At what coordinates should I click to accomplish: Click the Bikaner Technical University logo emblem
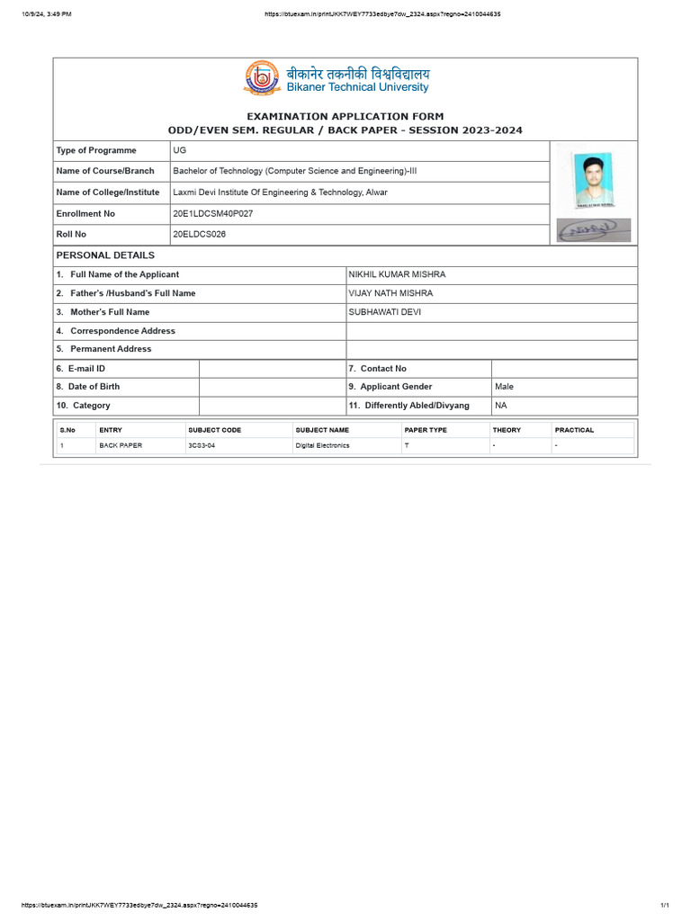(x=262, y=78)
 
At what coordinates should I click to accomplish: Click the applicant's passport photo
(x=593, y=179)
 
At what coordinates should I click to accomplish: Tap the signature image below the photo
(x=593, y=230)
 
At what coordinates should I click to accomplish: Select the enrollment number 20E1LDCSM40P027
(x=212, y=214)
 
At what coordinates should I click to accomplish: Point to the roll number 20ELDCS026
(x=200, y=234)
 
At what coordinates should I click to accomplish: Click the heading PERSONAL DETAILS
(x=105, y=255)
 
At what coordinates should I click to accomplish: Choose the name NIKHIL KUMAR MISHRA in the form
(x=397, y=274)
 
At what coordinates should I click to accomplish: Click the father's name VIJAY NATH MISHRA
(x=390, y=293)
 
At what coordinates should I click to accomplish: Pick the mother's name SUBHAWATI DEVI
(x=384, y=312)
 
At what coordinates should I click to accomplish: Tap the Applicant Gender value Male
(x=504, y=387)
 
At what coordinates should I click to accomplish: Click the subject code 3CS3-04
(x=202, y=445)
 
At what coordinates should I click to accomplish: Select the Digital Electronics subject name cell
(x=322, y=445)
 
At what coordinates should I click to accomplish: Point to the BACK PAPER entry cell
(x=121, y=445)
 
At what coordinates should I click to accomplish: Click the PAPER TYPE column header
(x=426, y=430)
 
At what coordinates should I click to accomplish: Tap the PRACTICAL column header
(x=574, y=430)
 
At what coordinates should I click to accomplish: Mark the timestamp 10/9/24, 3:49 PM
(x=47, y=14)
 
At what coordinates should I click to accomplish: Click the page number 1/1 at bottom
(x=665, y=905)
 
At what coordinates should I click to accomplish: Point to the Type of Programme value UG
(x=180, y=150)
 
